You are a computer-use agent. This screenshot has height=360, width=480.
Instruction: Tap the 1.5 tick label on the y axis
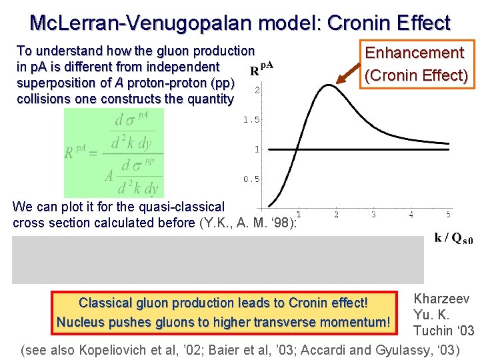(251, 120)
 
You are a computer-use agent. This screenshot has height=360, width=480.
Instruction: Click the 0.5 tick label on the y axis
(251, 179)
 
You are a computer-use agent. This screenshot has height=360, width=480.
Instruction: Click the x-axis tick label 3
(373, 215)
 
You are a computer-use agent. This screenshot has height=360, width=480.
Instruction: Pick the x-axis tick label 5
(448, 215)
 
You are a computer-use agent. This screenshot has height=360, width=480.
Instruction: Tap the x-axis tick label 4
(411, 215)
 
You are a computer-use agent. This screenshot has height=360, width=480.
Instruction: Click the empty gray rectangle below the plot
(217, 259)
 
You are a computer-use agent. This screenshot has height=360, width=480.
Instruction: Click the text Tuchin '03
(443, 331)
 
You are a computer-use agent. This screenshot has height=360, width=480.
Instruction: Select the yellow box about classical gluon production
(223, 312)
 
